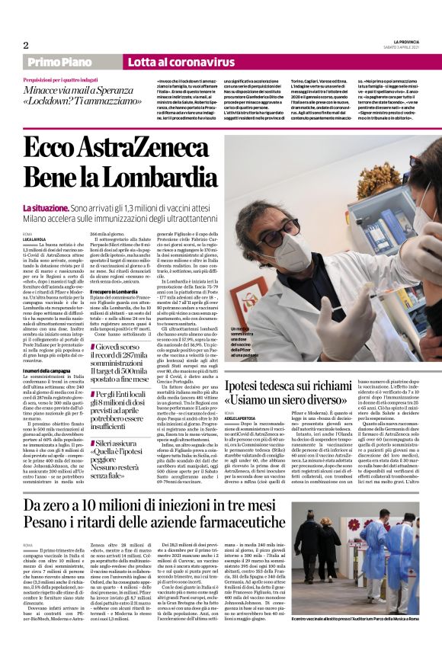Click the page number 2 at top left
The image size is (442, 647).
(27, 45)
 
